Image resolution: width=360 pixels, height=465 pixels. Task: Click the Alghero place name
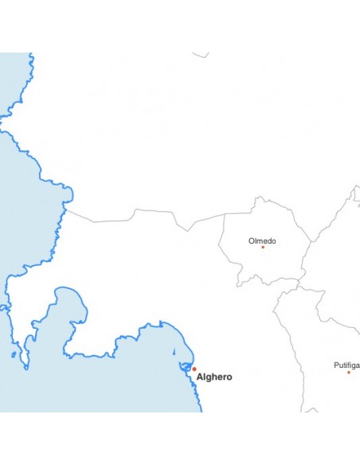click(214, 377)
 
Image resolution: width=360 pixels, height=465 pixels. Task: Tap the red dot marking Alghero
click(194, 369)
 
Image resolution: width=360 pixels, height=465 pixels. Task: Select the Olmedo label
click(262, 240)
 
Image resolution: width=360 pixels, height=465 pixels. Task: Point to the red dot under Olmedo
click(263, 248)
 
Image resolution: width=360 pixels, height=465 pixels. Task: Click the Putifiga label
click(346, 365)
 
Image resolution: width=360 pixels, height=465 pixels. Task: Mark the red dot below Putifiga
click(348, 372)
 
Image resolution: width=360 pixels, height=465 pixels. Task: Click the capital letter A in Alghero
click(200, 377)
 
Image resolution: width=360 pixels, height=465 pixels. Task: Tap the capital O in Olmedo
click(252, 240)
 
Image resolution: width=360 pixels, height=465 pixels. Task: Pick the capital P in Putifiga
click(336, 365)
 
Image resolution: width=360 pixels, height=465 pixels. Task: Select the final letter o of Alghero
click(229, 377)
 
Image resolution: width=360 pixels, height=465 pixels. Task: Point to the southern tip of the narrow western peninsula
click(26, 367)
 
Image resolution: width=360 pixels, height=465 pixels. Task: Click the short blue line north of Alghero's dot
click(176, 350)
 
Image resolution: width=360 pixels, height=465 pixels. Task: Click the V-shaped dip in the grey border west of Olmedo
click(188, 230)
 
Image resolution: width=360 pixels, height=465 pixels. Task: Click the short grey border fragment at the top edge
click(201, 55)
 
